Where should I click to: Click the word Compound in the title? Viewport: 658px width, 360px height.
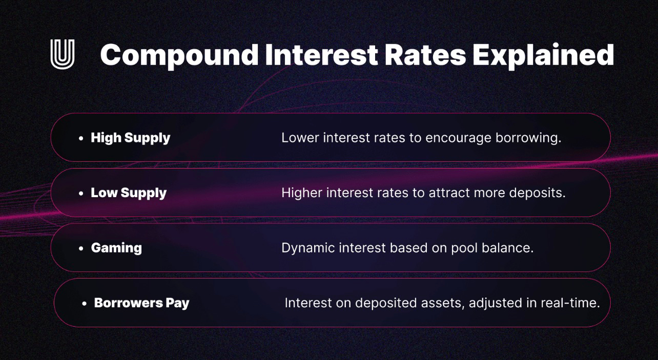pyautogui.click(x=179, y=55)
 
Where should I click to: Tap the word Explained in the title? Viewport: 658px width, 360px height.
pyautogui.click(x=543, y=55)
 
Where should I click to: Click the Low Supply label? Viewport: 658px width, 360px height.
pyautogui.click(x=129, y=193)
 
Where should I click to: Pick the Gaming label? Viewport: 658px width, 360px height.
pyautogui.click(x=116, y=248)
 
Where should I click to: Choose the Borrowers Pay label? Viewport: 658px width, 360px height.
pyautogui.click(x=141, y=303)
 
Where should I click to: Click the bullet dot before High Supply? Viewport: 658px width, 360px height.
pyautogui.click(x=81, y=138)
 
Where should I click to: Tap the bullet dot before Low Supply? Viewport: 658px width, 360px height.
pyautogui.click(x=81, y=193)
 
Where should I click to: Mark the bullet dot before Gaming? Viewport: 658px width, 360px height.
pyautogui.click(x=81, y=248)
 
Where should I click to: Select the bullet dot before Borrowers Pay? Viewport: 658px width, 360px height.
pyautogui.click(x=85, y=303)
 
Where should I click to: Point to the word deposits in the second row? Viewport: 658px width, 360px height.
pyautogui.click(x=537, y=193)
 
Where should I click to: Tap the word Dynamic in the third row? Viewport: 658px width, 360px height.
pyautogui.click(x=308, y=248)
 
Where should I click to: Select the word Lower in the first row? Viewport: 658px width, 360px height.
pyautogui.click(x=300, y=138)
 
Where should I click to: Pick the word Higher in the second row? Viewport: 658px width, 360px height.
pyautogui.click(x=302, y=193)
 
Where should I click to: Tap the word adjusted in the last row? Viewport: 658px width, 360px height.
pyautogui.click(x=495, y=303)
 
